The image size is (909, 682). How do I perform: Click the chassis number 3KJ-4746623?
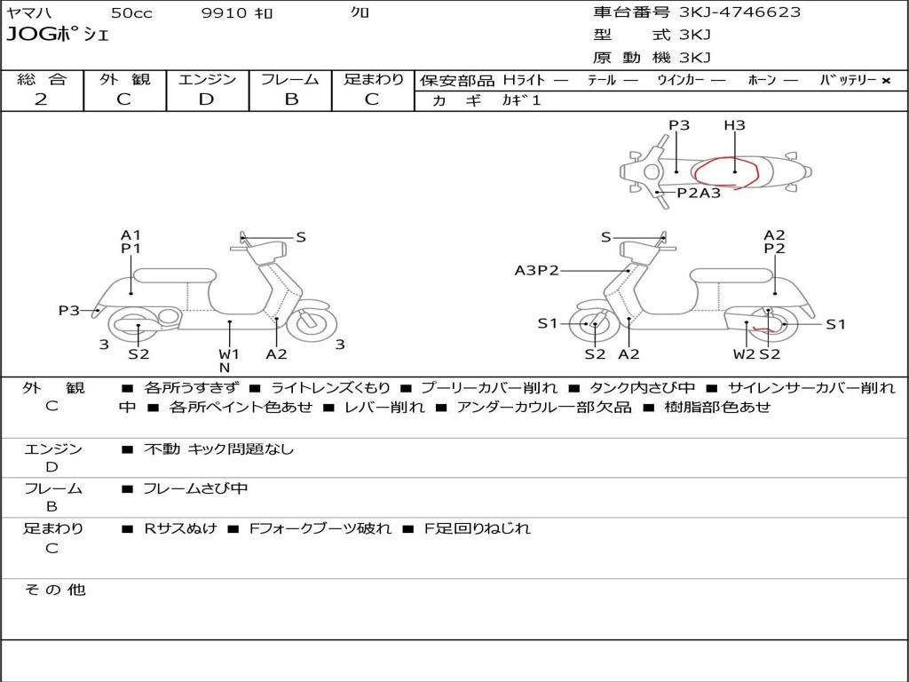(739, 12)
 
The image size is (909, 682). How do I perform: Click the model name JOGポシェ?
(58, 35)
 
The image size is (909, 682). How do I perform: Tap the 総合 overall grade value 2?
(41, 99)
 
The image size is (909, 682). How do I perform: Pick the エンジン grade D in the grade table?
(206, 99)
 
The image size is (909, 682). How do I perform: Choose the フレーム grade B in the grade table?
(290, 99)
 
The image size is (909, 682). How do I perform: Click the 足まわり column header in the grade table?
(373, 80)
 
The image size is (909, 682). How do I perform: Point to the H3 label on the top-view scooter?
(734, 125)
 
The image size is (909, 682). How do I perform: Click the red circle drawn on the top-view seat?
(726, 170)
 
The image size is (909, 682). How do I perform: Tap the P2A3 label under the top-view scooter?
(699, 193)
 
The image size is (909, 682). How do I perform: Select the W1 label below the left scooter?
(229, 354)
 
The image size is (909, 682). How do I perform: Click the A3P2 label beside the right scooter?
(537, 270)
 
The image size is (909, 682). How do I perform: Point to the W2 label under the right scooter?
(744, 354)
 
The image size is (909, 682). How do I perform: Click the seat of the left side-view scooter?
(175, 274)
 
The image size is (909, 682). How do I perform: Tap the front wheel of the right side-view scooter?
(594, 324)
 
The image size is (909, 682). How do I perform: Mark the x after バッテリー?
(886, 80)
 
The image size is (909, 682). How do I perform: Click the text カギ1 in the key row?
(521, 100)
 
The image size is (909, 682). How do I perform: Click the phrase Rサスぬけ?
(180, 528)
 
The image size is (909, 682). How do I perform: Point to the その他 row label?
(54, 590)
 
